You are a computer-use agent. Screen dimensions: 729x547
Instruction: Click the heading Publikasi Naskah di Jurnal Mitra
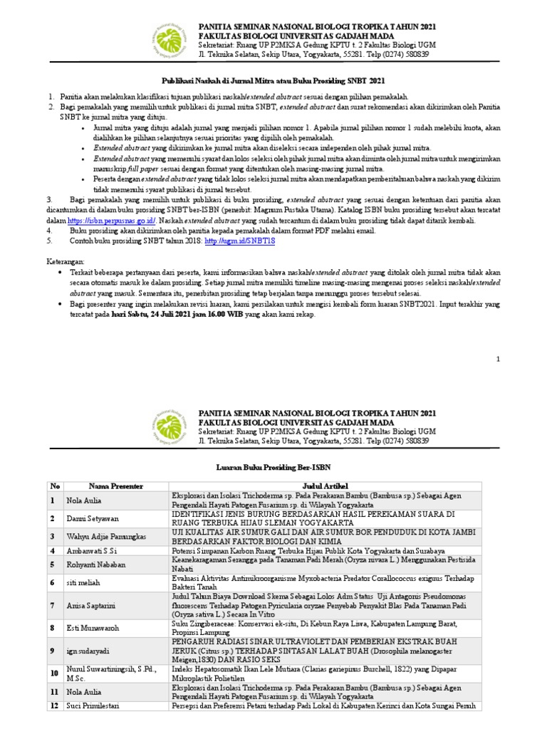pos(273,82)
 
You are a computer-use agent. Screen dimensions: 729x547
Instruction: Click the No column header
pos(54,486)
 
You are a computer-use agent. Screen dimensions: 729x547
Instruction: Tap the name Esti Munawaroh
pos(92,628)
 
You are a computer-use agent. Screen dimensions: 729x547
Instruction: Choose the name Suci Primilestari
pos(95,706)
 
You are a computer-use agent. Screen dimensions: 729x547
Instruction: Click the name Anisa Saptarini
pos(90,605)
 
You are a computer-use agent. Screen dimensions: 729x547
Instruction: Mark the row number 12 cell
pos(54,706)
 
